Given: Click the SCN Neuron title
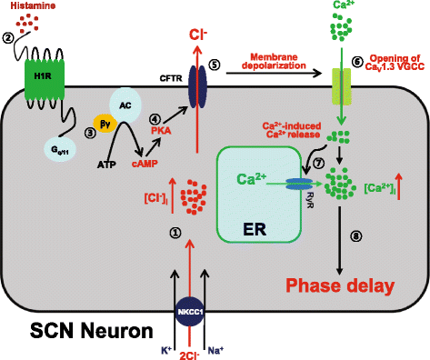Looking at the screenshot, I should [74, 326].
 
